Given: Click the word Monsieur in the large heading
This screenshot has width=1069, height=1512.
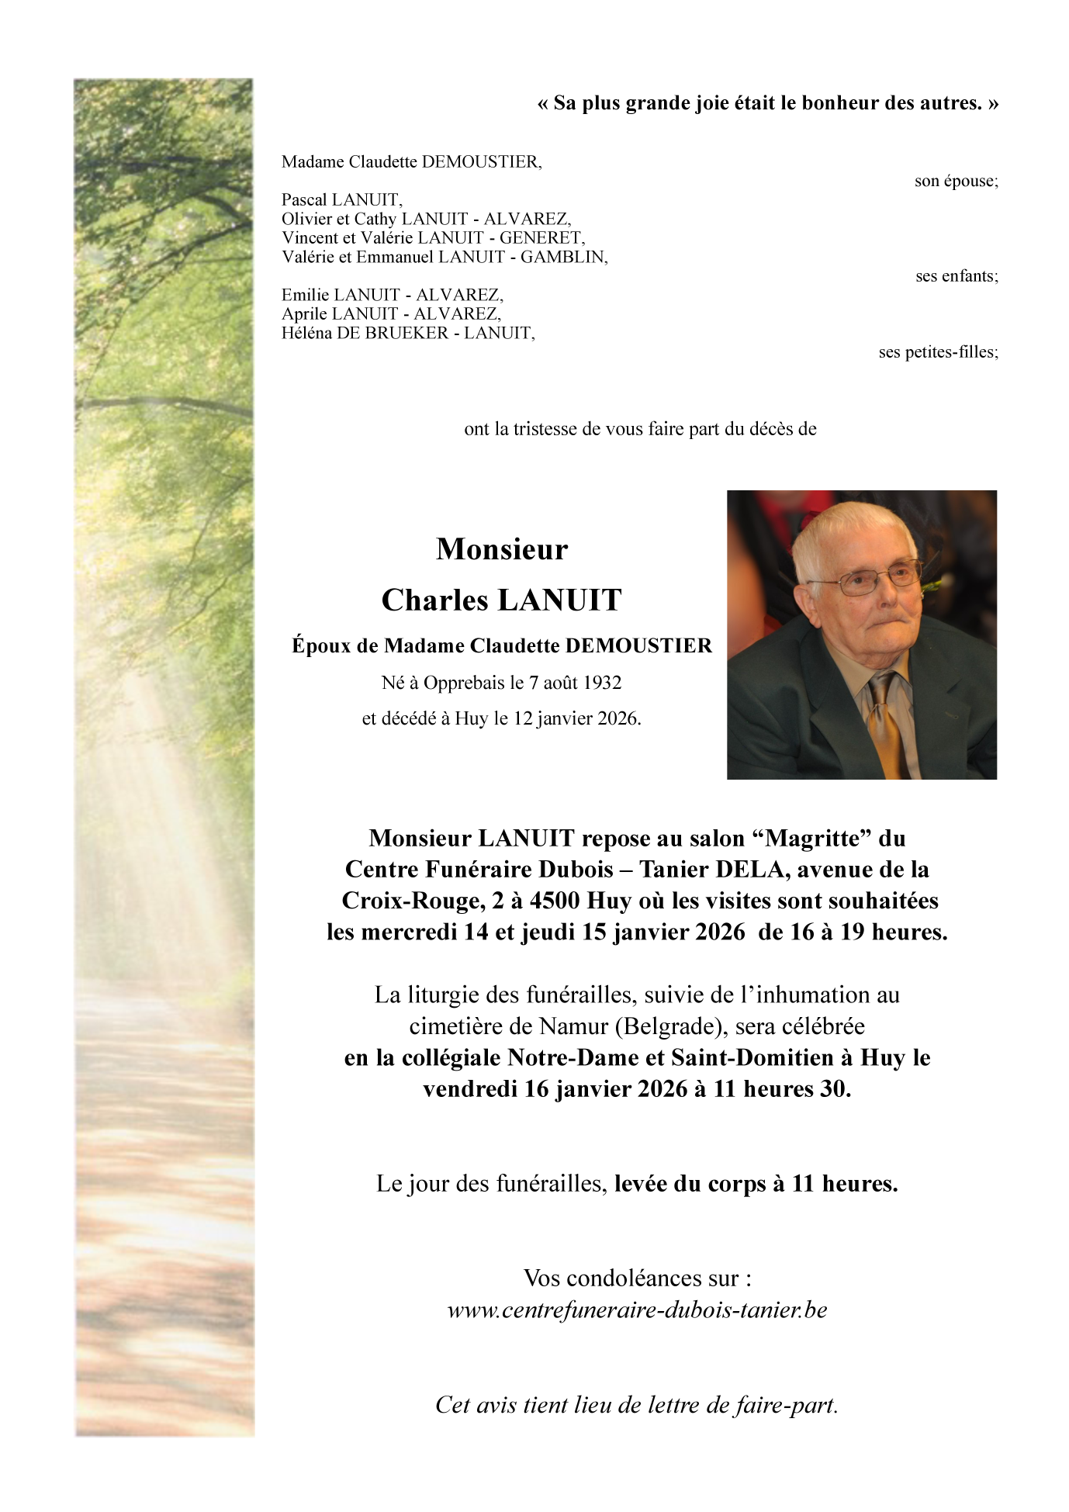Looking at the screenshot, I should pyautogui.click(x=502, y=549).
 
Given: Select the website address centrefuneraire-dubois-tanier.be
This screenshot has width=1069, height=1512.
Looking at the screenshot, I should pyautogui.click(x=637, y=1310).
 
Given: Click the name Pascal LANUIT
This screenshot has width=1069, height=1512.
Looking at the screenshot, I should pyautogui.click(x=341, y=200).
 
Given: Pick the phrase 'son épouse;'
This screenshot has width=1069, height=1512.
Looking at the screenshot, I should pyautogui.click(x=956, y=182).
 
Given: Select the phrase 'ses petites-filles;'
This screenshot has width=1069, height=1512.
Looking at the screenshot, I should pyautogui.click(x=938, y=352).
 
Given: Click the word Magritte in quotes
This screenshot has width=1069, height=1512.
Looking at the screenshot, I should pyautogui.click(x=812, y=839).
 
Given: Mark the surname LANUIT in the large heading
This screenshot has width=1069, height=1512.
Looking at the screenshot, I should pyautogui.click(x=559, y=600).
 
